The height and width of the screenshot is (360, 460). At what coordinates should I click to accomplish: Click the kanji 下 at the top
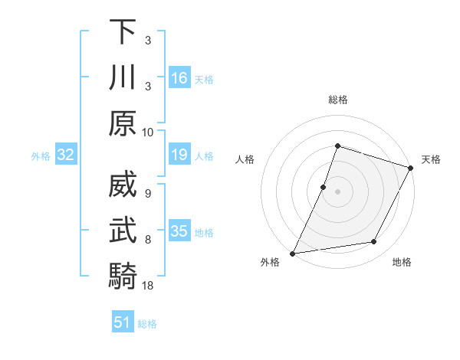[x=122, y=33]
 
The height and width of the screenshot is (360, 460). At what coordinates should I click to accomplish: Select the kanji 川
[x=122, y=77]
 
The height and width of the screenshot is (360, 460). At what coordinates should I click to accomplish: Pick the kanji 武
[x=122, y=229]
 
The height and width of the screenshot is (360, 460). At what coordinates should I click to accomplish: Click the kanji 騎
[x=122, y=274]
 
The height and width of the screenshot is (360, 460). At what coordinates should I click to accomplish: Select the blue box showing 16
[x=179, y=78]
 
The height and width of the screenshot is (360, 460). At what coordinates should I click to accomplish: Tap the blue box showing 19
[x=179, y=155]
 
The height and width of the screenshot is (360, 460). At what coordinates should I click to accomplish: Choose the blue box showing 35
[x=179, y=231]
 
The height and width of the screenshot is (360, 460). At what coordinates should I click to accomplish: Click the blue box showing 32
[x=65, y=155]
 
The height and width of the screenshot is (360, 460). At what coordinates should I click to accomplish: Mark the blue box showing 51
[x=123, y=322]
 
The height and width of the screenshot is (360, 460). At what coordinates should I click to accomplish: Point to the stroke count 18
[x=149, y=286]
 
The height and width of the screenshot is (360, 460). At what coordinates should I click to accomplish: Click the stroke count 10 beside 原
[x=148, y=133]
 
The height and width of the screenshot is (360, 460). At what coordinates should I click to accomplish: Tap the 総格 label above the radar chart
[x=337, y=100]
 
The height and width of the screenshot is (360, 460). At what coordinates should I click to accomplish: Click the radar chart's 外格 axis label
[x=270, y=262]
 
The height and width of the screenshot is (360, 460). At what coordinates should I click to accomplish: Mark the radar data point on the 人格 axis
[x=324, y=187]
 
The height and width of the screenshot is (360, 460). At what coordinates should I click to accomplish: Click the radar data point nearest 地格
[x=374, y=242]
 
